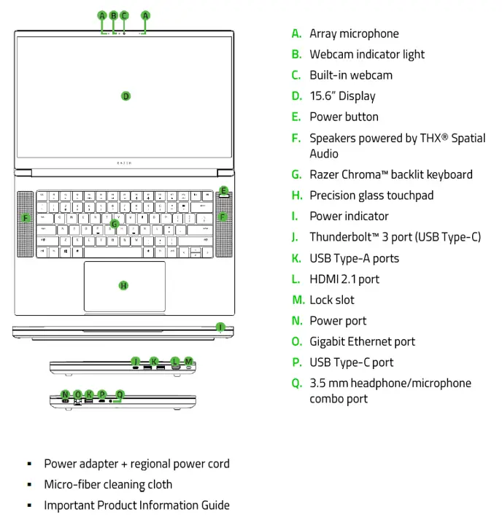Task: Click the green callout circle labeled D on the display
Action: tap(125, 96)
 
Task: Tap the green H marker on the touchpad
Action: tap(123, 285)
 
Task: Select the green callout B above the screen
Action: tap(113, 15)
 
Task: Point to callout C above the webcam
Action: tap(124, 15)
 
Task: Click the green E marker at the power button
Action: tap(223, 192)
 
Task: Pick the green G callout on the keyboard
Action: tap(115, 224)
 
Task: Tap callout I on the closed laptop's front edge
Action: tap(220, 327)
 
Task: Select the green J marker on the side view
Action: tap(135, 361)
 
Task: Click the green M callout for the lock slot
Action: tap(188, 361)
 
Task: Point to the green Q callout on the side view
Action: tap(120, 394)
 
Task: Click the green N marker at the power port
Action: tap(66, 394)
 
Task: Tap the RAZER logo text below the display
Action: tap(125, 165)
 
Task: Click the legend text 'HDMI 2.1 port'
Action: tap(344, 279)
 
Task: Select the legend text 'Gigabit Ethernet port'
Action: tap(362, 341)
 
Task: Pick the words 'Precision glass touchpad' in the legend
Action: tap(371, 195)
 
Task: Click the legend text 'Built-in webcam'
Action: tap(351, 75)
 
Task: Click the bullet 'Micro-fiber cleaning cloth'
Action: tap(108, 484)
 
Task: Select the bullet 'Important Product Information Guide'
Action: tap(136, 505)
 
